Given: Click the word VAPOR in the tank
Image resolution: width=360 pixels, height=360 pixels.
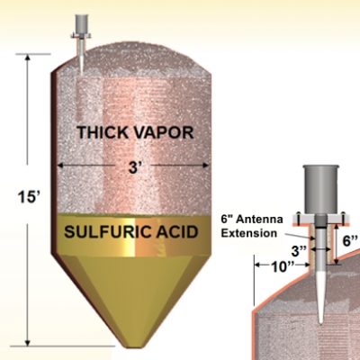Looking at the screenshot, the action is click(164, 132).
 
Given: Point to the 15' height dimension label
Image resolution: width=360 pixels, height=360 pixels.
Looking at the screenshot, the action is click(28, 197).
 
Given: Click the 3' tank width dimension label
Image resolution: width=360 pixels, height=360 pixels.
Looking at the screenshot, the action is click(133, 167).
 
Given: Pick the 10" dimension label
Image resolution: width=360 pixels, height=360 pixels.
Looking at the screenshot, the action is click(283, 266).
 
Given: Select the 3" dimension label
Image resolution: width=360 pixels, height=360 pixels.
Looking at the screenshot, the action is click(299, 251).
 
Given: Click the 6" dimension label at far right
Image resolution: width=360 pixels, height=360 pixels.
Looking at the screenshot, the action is click(351, 240).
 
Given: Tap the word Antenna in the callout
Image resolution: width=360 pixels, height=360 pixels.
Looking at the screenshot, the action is click(259, 220).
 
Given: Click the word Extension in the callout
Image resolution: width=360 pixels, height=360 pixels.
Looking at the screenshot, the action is click(249, 233).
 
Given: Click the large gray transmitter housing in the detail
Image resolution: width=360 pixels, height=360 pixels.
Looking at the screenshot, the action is click(320, 190).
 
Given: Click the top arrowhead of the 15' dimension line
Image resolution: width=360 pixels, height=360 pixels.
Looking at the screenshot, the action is click(28, 57).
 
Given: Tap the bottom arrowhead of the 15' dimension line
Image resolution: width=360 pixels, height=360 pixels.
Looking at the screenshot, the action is click(28, 343).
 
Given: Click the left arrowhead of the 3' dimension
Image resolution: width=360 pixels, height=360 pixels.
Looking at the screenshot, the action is click(61, 166).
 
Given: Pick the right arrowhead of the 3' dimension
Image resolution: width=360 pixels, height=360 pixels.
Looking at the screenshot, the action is click(205, 166).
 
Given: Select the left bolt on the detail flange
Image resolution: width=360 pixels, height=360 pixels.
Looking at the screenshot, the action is click(299, 215).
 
